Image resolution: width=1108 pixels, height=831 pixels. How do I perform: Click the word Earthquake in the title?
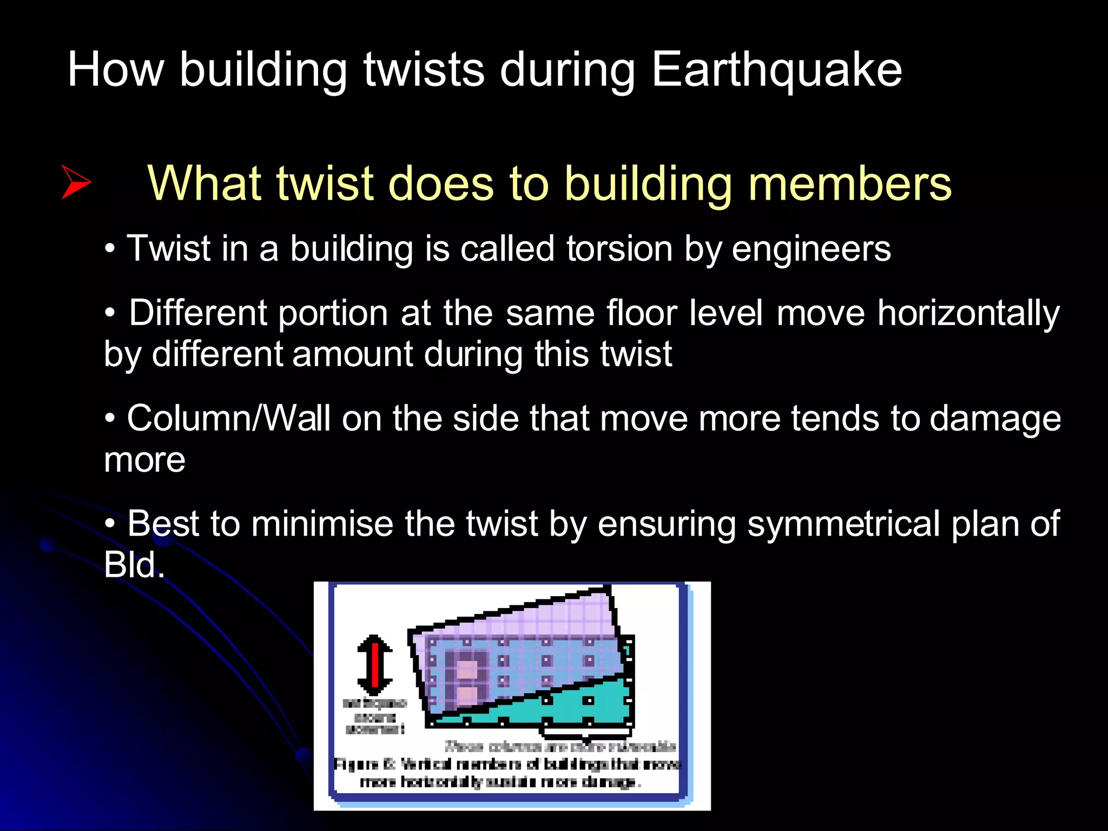click(x=776, y=70)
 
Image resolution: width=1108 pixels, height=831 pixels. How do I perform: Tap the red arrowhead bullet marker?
click(x=76, y=182)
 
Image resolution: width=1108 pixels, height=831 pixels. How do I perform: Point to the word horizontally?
click(x=968, y=314)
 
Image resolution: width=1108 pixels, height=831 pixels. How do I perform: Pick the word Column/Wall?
click(x=228, y=419)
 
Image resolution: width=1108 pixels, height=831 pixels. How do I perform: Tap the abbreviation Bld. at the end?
click(x=134, y=565)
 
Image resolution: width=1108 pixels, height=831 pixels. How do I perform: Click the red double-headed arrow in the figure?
click(x=375, y=665)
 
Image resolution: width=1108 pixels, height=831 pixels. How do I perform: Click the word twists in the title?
click(x=424, y=70)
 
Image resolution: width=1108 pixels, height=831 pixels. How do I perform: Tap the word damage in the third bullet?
click(x=995, y=419)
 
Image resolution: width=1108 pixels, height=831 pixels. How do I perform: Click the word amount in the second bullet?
click(x=353, y=355)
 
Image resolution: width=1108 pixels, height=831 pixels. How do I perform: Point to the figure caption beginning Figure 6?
click(x=507, y=773)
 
